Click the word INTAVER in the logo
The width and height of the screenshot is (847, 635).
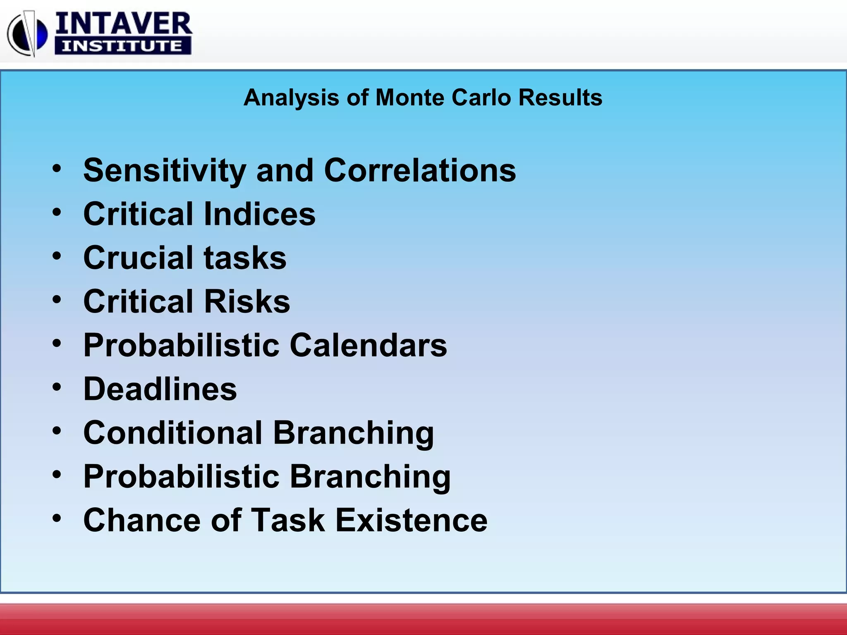[123, 24]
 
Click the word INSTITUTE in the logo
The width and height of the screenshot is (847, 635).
[122, 46]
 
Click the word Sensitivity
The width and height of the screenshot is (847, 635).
[165, 171]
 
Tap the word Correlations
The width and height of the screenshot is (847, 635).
[420, 170]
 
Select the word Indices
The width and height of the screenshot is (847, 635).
[259, 214]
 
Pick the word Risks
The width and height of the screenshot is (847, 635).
[247, 301]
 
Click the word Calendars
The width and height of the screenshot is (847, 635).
[368, 345]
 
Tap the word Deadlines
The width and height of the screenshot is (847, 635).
[160, 389]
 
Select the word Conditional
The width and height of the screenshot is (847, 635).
[172, 433]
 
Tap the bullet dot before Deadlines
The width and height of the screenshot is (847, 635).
[57, 387]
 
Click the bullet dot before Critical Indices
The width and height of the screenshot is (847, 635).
[57, 212]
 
